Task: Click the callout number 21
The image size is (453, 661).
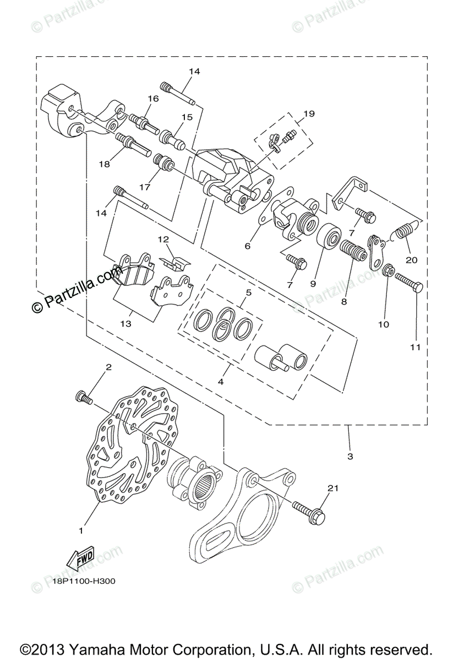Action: pos(331,488)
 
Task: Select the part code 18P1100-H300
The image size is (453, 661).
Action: pos(84,580)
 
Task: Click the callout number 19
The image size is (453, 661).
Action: pos(308,114)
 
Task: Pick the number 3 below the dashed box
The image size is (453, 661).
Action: pos(350,456)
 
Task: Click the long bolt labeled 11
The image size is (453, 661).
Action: pos(409,286)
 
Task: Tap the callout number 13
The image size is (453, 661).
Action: pos(125,324)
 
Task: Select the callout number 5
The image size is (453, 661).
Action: pos(248,293)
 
